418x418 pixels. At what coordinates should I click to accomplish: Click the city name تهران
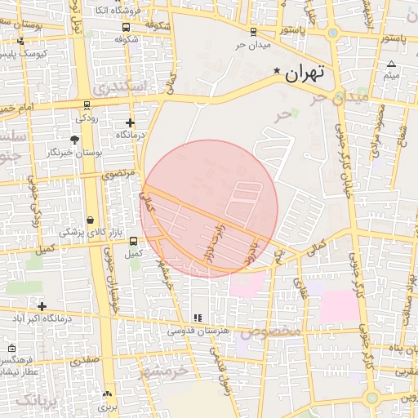305,72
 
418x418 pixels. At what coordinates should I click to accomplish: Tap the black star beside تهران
278,72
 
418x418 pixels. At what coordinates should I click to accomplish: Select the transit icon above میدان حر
253,33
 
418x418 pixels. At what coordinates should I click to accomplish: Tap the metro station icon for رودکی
87,105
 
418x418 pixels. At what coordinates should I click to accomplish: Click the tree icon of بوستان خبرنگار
75,140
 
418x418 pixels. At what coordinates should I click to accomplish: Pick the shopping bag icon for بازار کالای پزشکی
90,220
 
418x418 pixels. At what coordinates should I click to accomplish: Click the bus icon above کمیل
133,241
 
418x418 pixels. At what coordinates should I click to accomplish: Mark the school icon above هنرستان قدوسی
197,318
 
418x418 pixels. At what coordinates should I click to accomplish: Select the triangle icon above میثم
392,64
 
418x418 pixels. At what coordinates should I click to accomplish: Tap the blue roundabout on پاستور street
332,33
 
